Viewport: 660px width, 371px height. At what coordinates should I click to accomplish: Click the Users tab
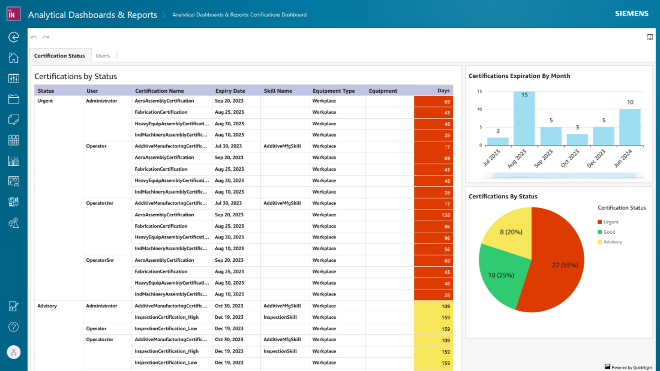102,56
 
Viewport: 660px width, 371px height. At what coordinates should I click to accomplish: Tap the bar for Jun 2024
630,127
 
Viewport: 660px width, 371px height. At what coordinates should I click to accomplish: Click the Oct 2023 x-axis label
570,158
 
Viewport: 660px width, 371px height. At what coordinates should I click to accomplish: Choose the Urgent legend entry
610,222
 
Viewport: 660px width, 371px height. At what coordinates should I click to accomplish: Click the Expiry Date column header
230,91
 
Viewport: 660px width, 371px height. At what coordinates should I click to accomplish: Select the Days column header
443,91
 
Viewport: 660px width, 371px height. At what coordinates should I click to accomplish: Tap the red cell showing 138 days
433,215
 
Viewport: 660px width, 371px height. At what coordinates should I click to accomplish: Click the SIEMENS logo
631,14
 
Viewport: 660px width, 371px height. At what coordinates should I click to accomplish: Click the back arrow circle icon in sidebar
14,37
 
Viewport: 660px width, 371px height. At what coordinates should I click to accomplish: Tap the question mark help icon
14,327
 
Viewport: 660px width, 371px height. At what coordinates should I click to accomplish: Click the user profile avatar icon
14,352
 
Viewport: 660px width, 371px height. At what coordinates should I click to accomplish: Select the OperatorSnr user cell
100,260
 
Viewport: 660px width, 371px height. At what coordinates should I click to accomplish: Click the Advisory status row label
47,306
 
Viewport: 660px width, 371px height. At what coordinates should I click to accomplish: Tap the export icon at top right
650,37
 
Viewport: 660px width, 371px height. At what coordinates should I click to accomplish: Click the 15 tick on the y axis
480,92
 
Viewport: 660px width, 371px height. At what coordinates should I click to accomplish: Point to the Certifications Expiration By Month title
519,76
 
